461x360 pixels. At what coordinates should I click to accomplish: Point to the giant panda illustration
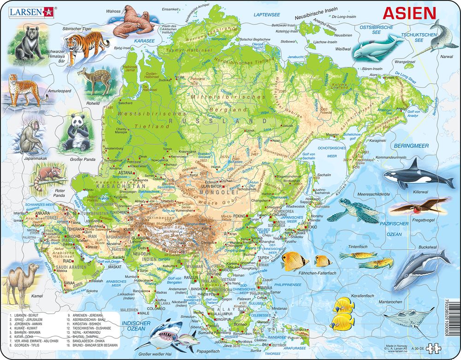coord(76,133)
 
